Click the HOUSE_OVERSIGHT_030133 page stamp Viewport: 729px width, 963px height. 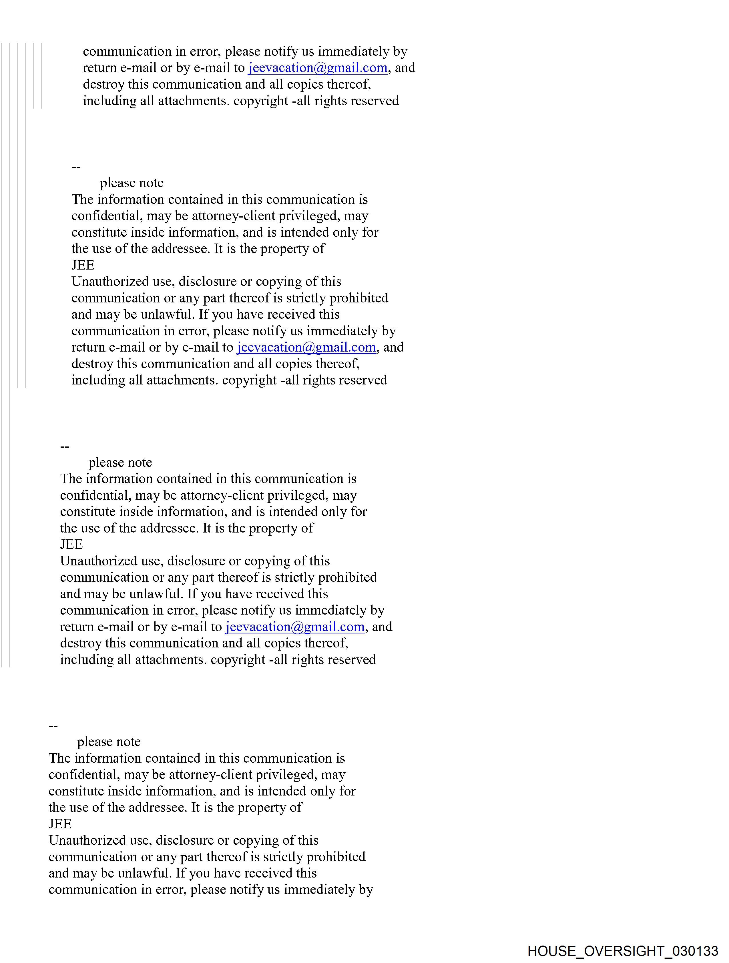point(623,951)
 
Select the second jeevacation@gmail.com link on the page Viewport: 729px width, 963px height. point(306,347)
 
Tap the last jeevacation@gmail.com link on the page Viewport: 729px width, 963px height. point(295,627)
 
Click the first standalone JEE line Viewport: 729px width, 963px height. point(83,265)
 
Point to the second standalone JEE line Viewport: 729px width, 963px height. point(71,545)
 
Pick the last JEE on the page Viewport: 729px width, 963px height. point(60,824)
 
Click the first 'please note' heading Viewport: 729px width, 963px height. point(132,183)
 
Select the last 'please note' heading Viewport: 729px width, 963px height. point(109,742)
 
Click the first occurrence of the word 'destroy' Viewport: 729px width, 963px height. point(104,84)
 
